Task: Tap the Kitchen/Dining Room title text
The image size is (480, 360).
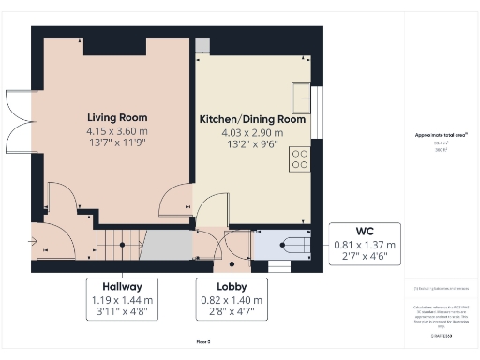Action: coord(252,120)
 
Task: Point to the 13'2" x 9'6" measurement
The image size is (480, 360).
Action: coord(252,144)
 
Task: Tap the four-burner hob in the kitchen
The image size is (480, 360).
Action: coord(301,159)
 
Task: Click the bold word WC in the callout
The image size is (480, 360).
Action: coord(365,231)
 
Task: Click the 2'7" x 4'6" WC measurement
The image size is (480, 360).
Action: coord(365,257)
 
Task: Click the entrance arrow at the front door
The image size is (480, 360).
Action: coord(34,244)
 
